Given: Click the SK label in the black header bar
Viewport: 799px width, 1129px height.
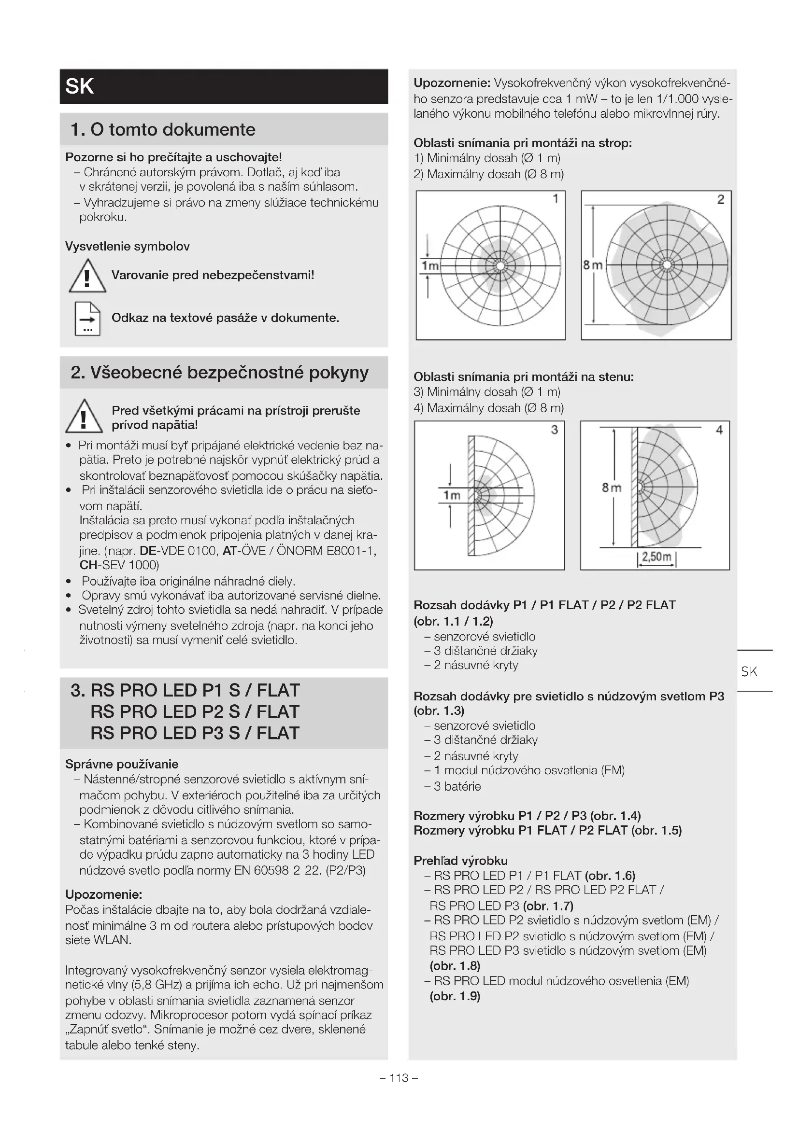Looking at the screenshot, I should click(79, 86).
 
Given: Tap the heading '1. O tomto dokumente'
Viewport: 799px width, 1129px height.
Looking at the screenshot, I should click(163, 129).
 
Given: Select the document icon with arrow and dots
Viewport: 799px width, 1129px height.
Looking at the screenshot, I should click(87, 319).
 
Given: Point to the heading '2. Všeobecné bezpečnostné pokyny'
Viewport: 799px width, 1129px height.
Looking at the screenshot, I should click(219, 372).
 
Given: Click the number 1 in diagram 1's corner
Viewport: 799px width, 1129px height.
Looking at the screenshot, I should click(556, 199).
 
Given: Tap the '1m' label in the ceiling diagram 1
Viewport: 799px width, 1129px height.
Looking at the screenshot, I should click(430, 265).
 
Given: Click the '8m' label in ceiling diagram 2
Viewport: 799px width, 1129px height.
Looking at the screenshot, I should click(593, 265).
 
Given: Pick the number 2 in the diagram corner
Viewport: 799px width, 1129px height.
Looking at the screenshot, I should click(721, 199).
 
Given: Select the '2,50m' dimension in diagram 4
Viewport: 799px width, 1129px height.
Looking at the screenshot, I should click(657, 557).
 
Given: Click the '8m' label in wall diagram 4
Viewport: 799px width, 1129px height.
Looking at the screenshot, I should click(612, 488).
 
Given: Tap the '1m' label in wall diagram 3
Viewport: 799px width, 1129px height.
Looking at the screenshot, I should click(452, 495).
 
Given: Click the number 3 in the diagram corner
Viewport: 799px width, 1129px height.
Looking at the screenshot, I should click(555, 430).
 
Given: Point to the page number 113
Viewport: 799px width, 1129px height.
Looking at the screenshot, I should click(399, 1078).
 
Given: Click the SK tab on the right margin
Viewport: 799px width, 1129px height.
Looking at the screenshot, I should click(749, 672).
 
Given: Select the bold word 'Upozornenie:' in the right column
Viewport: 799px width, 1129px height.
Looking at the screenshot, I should click(452, 83).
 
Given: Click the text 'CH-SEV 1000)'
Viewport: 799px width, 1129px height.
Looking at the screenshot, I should click(119, 565).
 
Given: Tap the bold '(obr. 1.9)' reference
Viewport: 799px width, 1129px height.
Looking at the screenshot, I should click(455, 996).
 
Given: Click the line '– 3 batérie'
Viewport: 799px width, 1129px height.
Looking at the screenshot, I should click(453, 786).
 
